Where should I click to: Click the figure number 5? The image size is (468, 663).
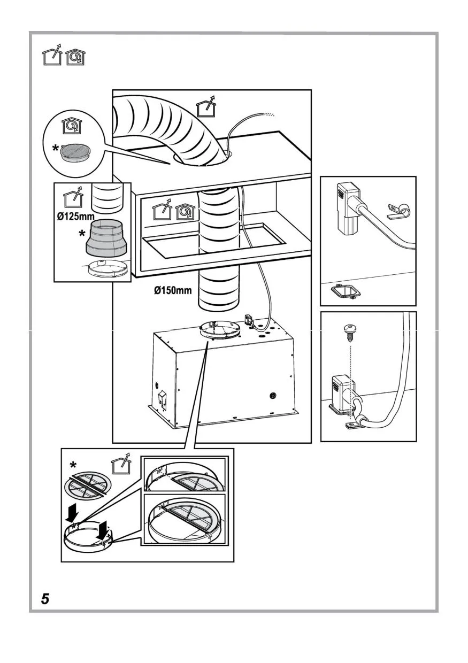(x=45, y=599)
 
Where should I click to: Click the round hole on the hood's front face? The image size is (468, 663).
(x=273, y=396)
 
